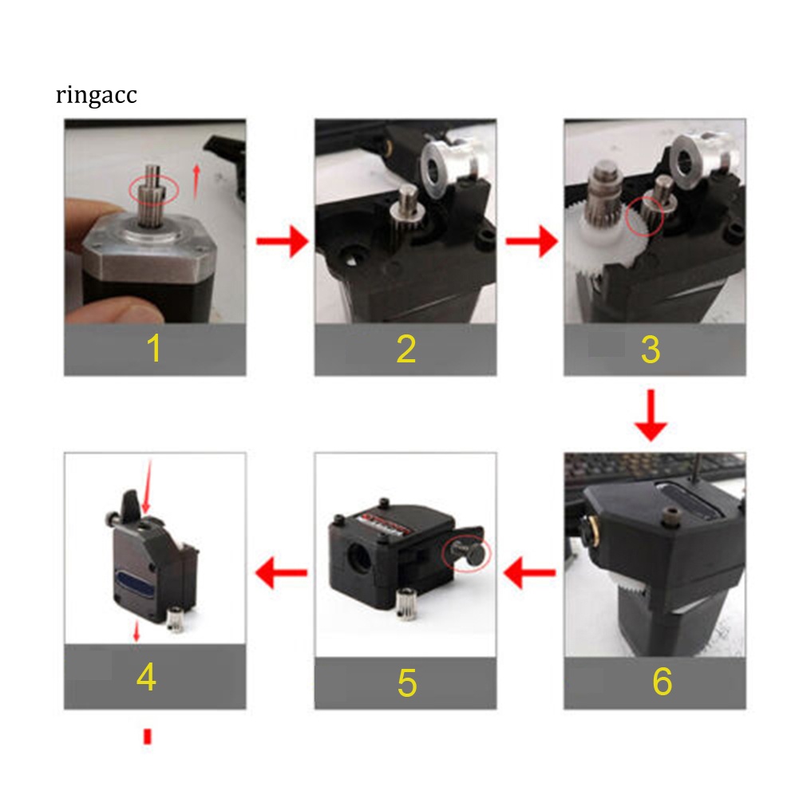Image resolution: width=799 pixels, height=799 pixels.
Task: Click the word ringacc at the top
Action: tap(97, 96)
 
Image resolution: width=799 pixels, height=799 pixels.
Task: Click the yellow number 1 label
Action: tap(154, 349)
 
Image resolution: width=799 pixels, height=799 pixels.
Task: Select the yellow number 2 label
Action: tap(405, 349)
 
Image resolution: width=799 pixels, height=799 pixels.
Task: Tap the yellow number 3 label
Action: tap(651, 349)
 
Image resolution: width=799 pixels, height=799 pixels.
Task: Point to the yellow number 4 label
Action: tap(146, 678)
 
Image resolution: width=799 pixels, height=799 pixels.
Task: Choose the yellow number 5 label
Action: tap(406, 682)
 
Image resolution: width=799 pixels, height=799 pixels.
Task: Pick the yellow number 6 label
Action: tap(662, 682)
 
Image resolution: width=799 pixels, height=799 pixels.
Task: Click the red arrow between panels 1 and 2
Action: tap(282, 241)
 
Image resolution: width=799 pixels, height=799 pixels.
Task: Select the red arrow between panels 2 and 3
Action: tap(532, 241)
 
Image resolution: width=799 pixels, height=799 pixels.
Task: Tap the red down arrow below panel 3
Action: tap(651, 415)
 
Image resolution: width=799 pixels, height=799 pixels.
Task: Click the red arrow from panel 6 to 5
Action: tap(532, 572)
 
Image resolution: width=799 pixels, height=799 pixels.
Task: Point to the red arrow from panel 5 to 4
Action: tap(281, 572)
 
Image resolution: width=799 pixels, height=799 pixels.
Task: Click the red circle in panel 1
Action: tap(155, 189)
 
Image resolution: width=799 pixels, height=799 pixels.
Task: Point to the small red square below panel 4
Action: tap(147, 736)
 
